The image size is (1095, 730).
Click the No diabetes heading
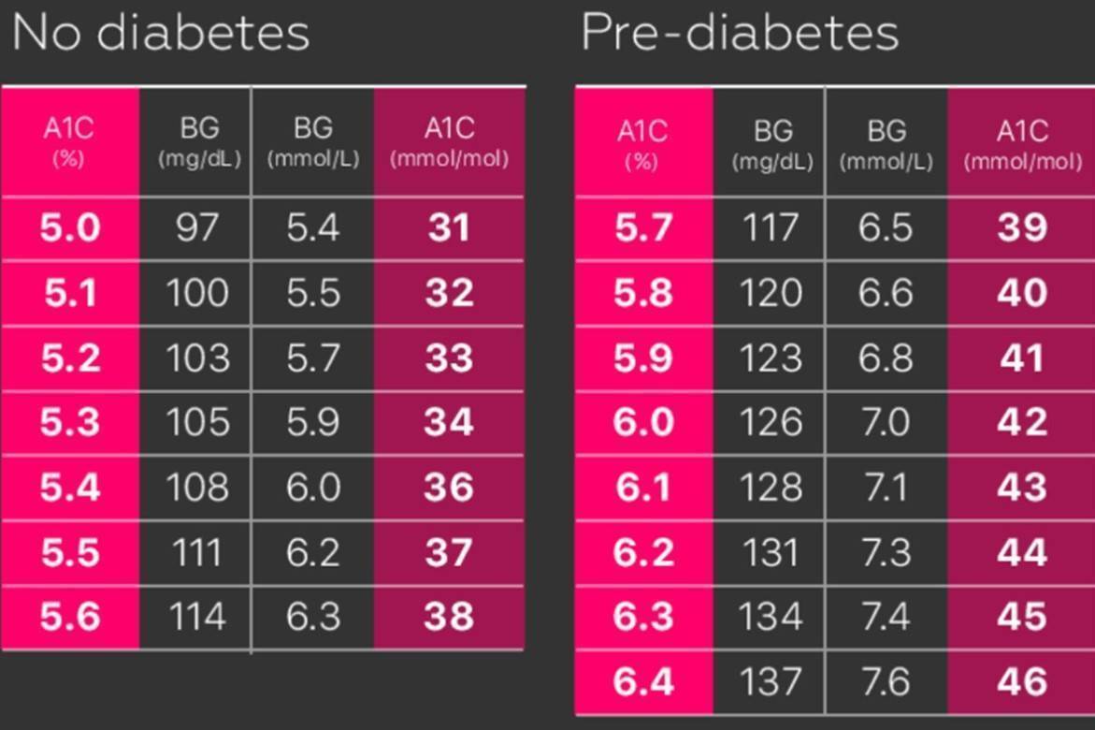point(161,33)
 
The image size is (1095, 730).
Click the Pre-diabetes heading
point(740,33)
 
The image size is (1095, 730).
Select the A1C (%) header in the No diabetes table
point(68,142)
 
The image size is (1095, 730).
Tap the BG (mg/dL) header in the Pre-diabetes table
point(772,145)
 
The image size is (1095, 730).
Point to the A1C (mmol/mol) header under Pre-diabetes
point(1022,145)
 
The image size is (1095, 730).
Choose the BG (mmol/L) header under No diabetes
point(313,142)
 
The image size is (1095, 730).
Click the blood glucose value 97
point(197,228)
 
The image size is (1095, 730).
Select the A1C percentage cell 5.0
point(70,228)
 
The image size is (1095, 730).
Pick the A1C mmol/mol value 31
point(448,228)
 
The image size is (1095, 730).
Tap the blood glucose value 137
point(771,681)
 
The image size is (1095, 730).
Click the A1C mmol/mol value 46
point(1022,681)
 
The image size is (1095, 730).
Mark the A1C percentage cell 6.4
point(643,681)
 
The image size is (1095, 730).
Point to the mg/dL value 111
point(197,552)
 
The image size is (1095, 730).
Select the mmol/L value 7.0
point(886,422)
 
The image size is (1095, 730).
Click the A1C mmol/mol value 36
point(448,488)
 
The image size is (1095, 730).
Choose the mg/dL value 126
point(771,422)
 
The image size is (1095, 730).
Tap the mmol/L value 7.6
point(886,681)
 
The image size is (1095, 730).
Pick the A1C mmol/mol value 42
point(1022,422)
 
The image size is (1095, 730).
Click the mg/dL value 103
point(197,358)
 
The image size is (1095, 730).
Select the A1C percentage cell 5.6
point(70,617)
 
